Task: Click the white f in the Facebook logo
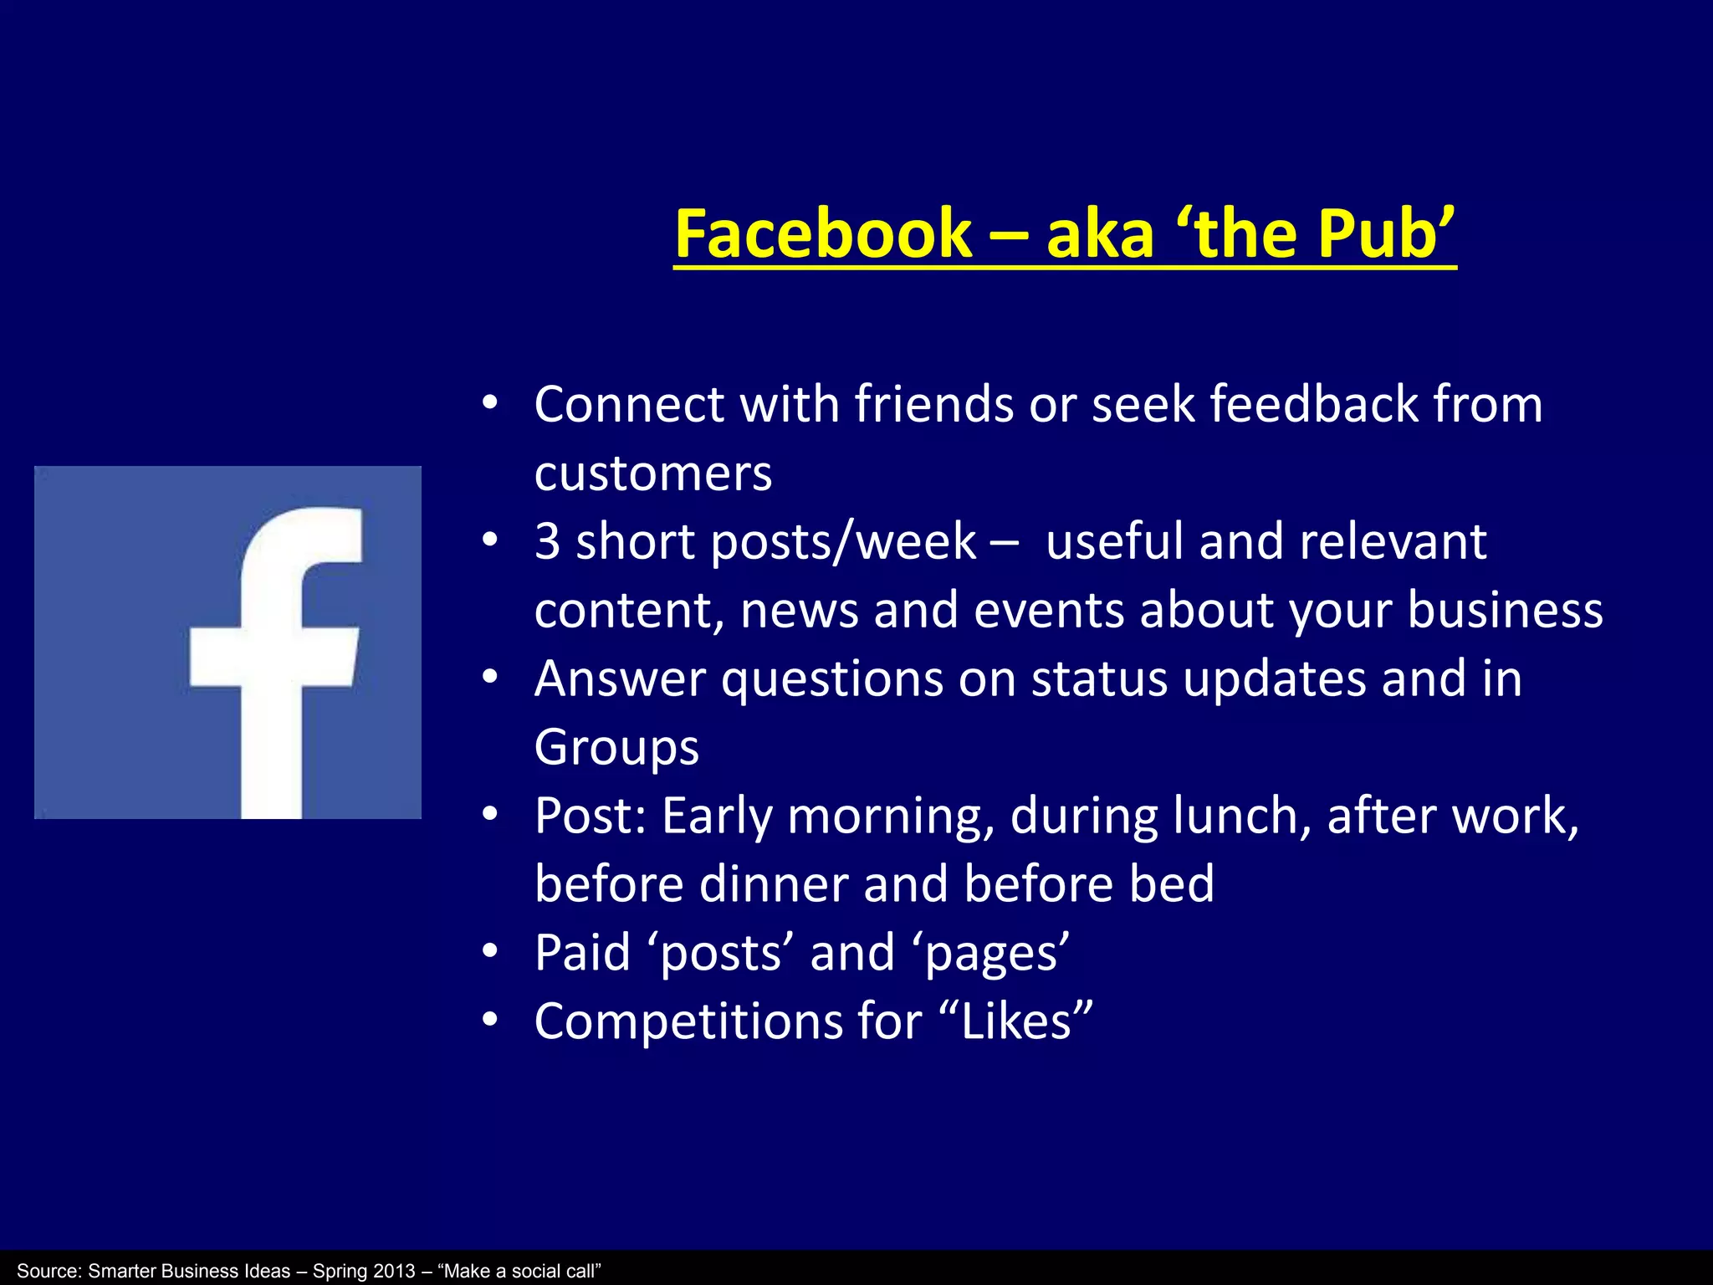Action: coord(276,661)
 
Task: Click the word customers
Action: coord(653,474)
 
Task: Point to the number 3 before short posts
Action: coord(548,541)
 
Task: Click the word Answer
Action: coord(620,678)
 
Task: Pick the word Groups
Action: coord(616,748)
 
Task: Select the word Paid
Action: coord(582,953)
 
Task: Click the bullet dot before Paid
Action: coord(490,952)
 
